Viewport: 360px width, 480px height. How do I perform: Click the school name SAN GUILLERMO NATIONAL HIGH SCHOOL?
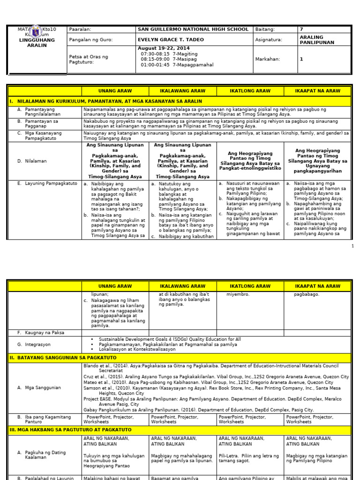click(x=193, y=29)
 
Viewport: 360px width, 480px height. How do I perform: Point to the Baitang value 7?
click(x=301, y=29)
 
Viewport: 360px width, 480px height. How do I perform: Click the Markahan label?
click(x=267, y=59)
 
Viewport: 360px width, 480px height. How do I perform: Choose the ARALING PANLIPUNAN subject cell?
click(x=317, y=40)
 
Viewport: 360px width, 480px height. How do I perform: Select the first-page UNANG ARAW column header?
click(x=115, y=90)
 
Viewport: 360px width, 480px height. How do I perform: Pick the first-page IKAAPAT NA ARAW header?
click(x=317, y=90)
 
